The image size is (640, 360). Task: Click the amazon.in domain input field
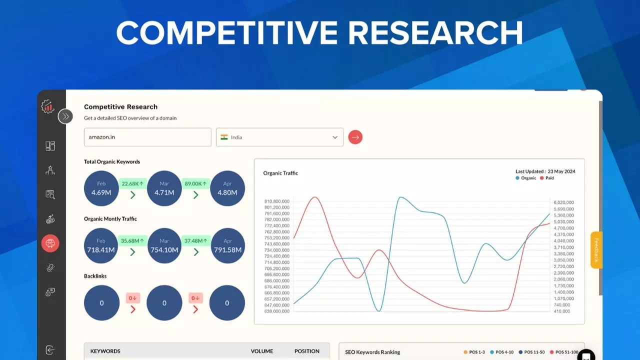(x=147, y=137)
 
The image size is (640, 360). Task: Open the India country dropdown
(x=279, y=137)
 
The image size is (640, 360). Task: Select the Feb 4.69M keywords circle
(x=101, y=188)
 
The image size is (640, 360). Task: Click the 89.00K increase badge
(x=195, y=183)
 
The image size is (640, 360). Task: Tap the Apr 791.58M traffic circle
(x=227, y=245)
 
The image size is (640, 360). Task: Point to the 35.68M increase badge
(x=132, y=240)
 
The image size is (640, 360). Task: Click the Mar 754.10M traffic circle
(x=164, y=245)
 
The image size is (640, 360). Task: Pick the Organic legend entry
(x=525, y=178)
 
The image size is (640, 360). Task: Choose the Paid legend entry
(x=547, y=178)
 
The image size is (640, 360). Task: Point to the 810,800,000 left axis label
(x=276, y=201)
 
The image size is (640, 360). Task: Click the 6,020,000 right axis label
(x=563, y=202)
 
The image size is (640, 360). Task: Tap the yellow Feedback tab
(x=596, y=250)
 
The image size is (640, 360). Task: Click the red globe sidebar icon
(x=50, y=243)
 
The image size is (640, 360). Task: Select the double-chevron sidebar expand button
(x=65, y=116)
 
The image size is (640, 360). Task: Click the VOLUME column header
(x=261, y=351)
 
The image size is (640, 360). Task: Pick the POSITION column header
(x=307, y=351)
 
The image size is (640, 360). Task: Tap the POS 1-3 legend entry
(x=474, y=352)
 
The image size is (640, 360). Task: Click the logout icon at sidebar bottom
(x=50, y=350)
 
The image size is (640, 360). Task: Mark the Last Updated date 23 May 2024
(x=561, y=171)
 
